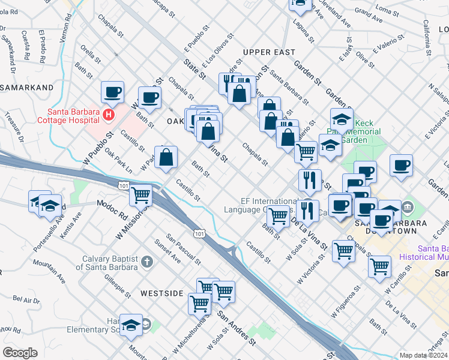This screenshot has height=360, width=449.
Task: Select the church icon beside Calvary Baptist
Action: [148, 262]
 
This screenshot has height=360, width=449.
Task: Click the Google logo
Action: [20, 353]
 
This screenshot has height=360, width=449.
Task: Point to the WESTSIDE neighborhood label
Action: [161, 293]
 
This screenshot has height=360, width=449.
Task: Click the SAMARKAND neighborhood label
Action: [26, 88]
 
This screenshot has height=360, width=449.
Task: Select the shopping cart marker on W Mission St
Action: [140, 195]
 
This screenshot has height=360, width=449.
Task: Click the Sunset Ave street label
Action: [166, 257]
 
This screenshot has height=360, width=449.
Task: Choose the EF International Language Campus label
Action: [261, 206]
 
